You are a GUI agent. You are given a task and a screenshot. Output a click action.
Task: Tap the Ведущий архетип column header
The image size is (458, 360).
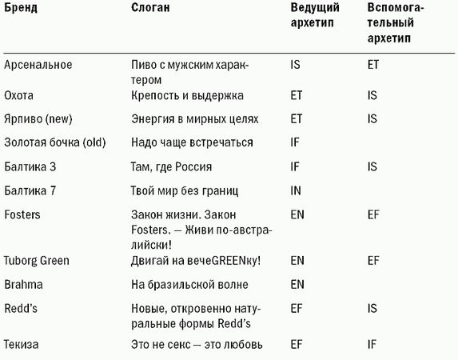(x=314, y=17)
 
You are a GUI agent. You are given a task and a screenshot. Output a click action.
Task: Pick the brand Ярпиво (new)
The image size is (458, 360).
(x=38, y=118)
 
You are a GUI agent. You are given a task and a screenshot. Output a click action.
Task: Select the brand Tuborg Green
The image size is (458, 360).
(x=37, y=261)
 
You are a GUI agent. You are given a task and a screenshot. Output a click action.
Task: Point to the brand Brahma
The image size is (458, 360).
(x=23, y=284)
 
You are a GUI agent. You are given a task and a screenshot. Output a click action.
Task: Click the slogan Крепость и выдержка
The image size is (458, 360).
(x=185, y=95)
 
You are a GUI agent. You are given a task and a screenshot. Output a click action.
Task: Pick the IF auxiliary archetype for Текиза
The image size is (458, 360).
(x=372, y=345)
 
